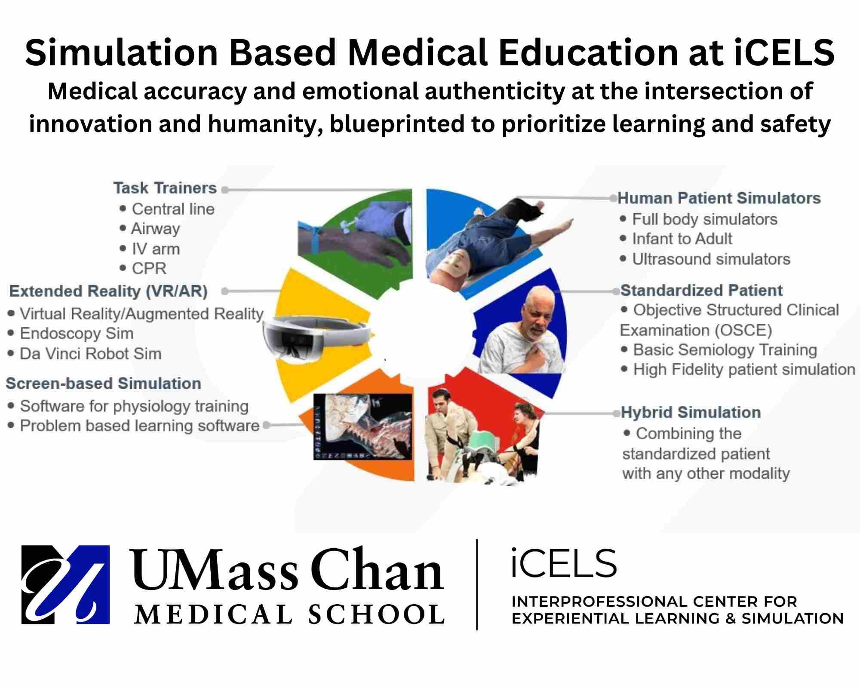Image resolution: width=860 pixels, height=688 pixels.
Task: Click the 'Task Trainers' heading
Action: point(165,188)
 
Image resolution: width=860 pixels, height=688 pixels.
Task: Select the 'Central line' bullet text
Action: point(173,209)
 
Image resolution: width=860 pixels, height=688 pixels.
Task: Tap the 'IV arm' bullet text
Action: point(156,249)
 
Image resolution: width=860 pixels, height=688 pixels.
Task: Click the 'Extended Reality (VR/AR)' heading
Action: point(108,291)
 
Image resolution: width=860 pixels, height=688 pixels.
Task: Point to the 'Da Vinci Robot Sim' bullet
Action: point(91,353)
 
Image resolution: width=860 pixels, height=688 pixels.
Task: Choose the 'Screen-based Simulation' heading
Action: point(103,383)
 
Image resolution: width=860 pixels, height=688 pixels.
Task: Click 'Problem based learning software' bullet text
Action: point(140,426)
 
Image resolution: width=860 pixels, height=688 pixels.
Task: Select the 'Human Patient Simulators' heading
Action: point(719,198)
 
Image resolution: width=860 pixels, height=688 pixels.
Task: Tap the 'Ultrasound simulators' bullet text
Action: point(711,259)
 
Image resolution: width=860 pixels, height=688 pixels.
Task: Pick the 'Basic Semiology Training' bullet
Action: point(725,350)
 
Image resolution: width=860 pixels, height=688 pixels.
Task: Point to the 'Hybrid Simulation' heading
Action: point(691,412)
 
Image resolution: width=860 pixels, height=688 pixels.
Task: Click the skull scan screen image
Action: point(363,426)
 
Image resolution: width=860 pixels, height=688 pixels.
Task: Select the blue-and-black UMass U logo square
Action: point(65,584)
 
